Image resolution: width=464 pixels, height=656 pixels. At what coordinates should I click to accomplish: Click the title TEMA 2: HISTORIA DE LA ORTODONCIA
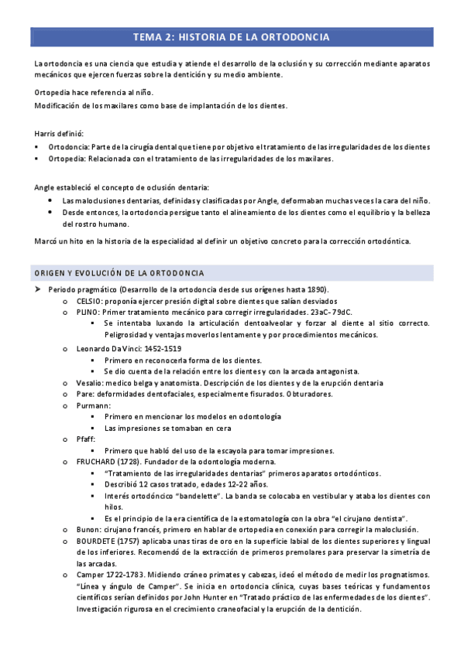(x=232, y=37)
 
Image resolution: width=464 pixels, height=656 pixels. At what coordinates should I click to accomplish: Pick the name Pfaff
(x=86, y=439)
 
